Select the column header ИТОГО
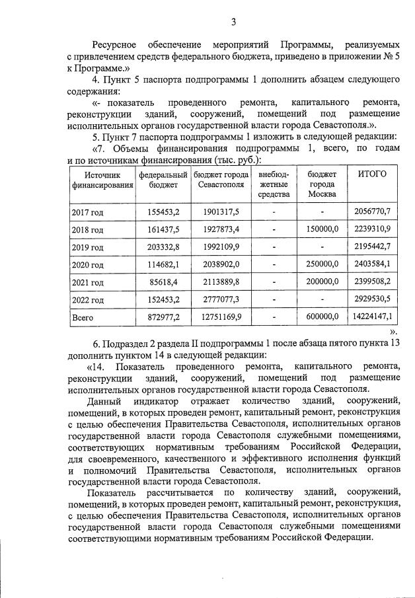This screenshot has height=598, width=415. click(372, 173)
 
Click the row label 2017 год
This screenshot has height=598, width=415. click(87, 212)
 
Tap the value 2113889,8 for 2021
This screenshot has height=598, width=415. click(218, 282)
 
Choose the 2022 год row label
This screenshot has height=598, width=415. click(87, 300)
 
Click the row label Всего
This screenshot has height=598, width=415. click(83, 318)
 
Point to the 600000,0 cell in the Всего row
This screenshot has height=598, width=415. click(322, 318)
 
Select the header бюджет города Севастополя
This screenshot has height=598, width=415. click(218, 179)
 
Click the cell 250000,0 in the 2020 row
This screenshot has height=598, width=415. click(322, 264)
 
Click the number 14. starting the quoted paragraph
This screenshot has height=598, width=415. click(100, 366)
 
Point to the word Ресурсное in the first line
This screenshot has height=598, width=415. click(114, 44)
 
